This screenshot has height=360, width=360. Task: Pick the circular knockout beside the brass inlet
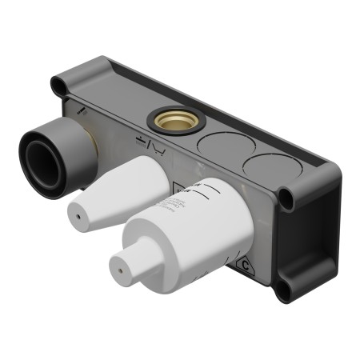(222, 146)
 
